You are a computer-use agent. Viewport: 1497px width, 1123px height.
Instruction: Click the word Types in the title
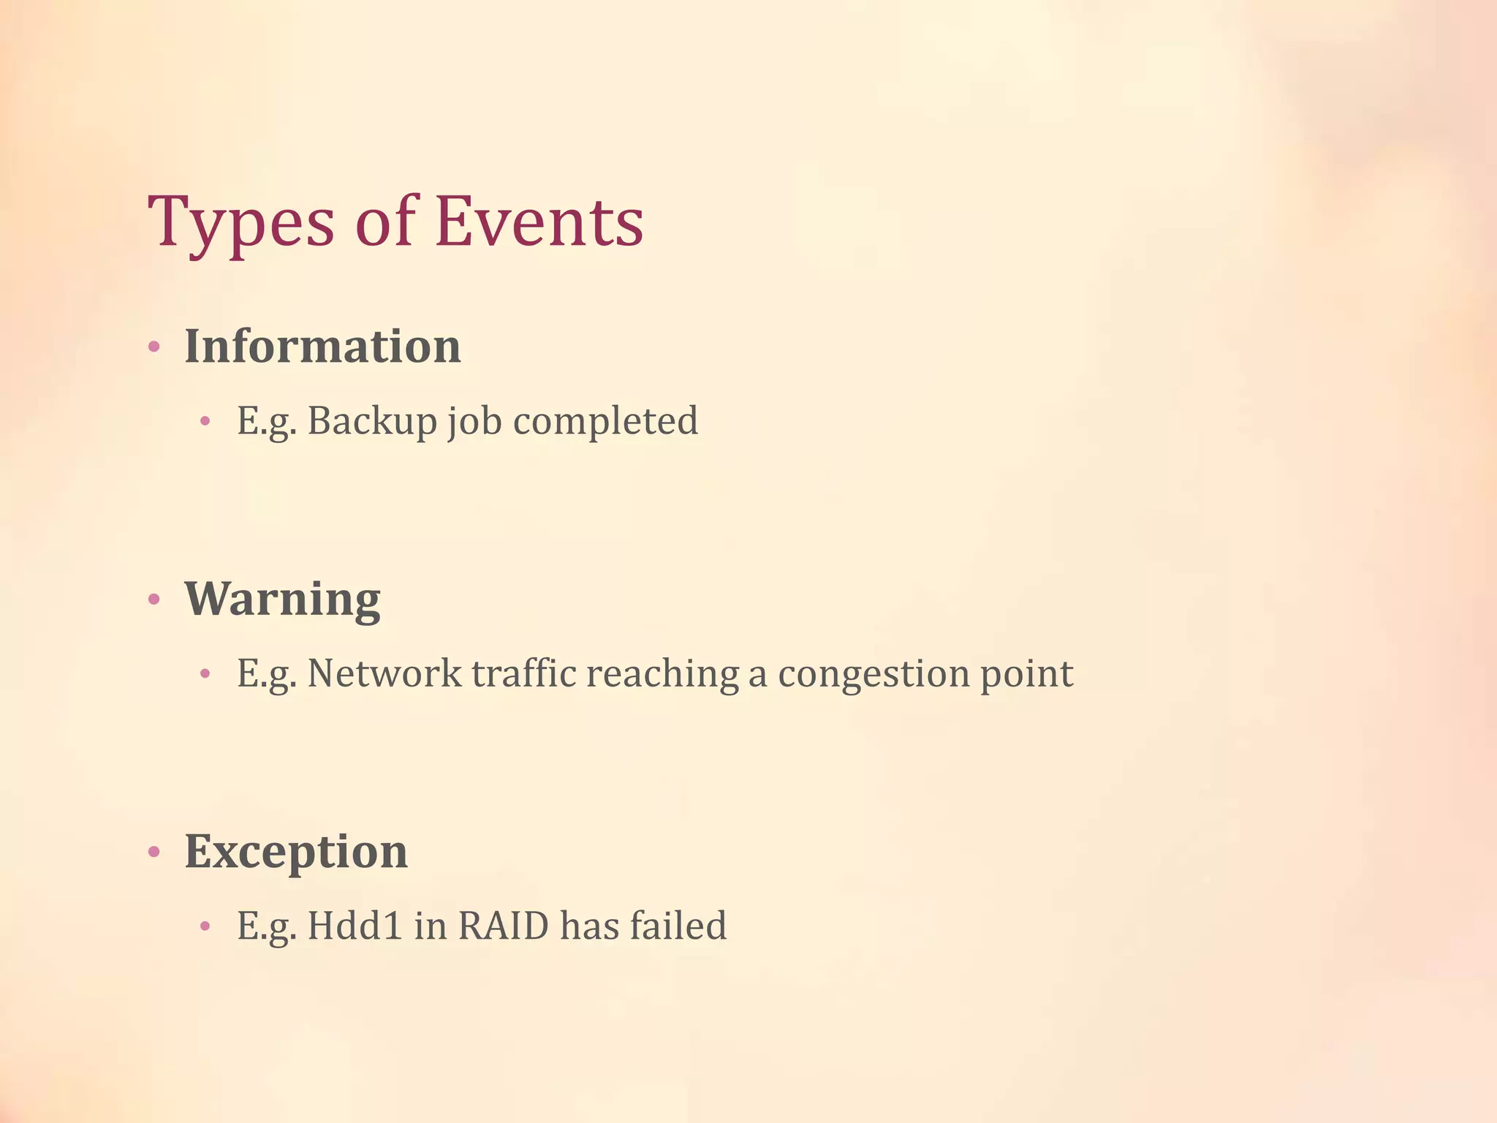click(x=241, y=223)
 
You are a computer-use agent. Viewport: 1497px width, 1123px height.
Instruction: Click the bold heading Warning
click(x=282, y=600)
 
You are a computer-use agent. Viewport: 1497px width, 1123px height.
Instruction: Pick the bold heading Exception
click(x=296, y=852)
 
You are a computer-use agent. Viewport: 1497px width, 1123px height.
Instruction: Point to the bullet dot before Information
click(x=154, y=347)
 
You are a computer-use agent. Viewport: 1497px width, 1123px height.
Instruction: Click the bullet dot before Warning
click(x=154, y=600)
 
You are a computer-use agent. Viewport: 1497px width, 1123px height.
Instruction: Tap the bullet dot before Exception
click(x=154, y=852)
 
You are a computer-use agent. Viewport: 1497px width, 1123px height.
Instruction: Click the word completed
click(x=605, y=421)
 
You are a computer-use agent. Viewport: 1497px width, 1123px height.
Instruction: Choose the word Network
click(x=384, y=673)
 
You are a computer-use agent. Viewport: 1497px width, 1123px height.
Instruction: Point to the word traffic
click(x=523, y=673)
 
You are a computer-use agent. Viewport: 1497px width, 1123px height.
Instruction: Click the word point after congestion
click(x=1026, y=673)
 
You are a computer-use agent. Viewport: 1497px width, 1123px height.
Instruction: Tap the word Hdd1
click(x=355, y=926)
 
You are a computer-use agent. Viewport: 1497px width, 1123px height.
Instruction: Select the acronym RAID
click(x=503, y=926)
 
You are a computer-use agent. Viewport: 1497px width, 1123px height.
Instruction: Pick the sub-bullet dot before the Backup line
click(x=205, y=421)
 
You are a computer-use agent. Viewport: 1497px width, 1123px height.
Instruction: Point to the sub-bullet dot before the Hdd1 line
click(x=205, y=927)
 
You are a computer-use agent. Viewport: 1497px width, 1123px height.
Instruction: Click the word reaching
click(x=662, y=673)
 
